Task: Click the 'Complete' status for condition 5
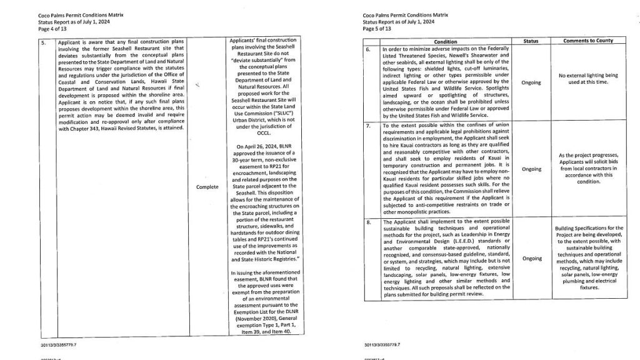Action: [x=206, y=186]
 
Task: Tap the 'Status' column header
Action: [x=530, y=41]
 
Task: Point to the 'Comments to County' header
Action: [x=587, y=41]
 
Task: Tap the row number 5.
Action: [x=43, y=42]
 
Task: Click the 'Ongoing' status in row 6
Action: [x=531, y=82]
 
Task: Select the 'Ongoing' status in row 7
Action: [x=531, y=169]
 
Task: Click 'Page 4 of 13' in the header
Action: [x=51, y=28]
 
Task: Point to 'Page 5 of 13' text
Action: [x=376, y=28]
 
